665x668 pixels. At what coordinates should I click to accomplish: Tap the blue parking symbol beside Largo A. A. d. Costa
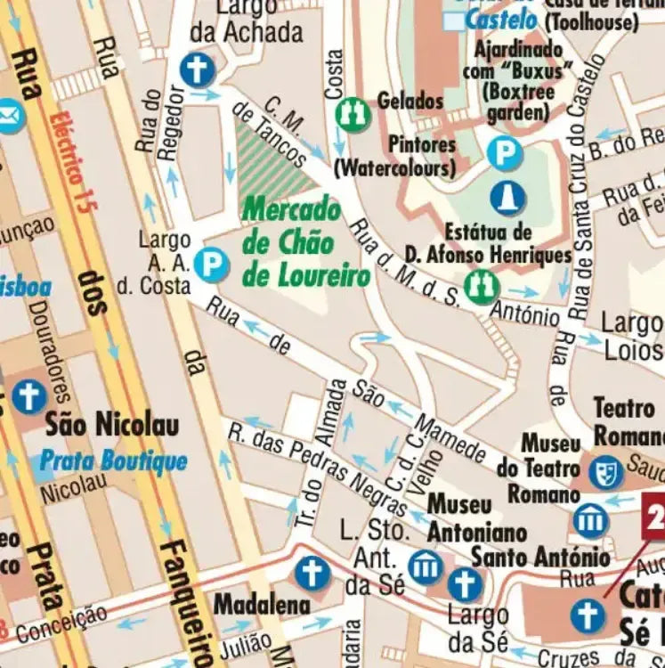coord(212,264)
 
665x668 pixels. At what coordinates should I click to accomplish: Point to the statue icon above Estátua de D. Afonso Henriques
coord(507,198)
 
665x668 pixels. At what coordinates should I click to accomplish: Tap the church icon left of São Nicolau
coord(28,396)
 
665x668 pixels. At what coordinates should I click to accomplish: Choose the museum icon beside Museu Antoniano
coord(425,566)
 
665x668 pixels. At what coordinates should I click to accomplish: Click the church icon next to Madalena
coord(312,573)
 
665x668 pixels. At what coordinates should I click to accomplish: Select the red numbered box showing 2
coord(654,516)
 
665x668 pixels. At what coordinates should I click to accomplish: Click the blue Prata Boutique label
coord(113,460)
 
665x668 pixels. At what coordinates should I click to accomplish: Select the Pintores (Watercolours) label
coord(394,155)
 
